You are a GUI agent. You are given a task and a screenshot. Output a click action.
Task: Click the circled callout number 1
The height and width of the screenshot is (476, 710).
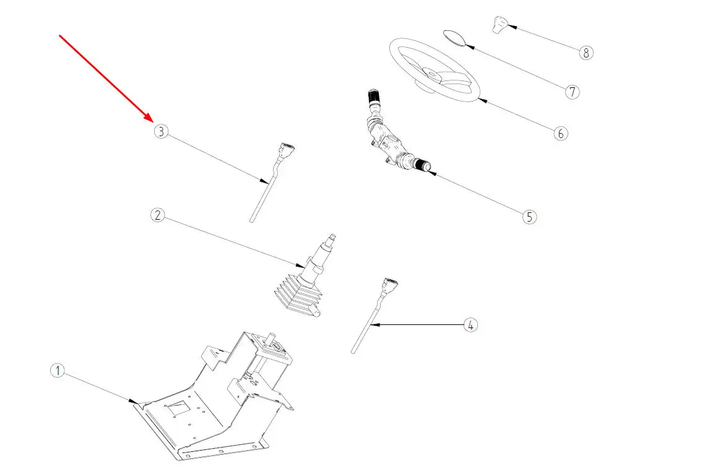pos(57,371)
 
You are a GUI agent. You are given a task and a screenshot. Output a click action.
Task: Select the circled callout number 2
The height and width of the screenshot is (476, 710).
pos(158,215)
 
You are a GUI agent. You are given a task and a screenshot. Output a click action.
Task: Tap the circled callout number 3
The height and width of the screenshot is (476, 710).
pos(161,131)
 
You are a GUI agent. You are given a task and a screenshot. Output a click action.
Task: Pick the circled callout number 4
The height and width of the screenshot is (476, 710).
pos(470,324)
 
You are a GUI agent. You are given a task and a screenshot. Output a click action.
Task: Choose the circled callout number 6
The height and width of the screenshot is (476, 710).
pos(560,133)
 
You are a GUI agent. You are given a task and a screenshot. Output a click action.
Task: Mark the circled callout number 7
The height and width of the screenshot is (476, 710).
pos(572,92)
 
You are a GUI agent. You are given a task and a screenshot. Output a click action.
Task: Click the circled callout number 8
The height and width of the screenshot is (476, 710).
pos(586,53)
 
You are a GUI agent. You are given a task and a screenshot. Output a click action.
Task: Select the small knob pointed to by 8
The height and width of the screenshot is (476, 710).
pos(500,25)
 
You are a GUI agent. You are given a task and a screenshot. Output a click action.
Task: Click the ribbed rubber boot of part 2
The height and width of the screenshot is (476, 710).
pos(296,296)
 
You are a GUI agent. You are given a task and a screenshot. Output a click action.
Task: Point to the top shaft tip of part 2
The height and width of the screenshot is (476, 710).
pos(333,236)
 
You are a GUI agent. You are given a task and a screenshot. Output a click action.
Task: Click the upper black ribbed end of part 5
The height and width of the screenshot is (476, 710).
pos(373,97)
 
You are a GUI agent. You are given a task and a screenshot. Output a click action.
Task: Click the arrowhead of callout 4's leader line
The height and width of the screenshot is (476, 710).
pos(373,324)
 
